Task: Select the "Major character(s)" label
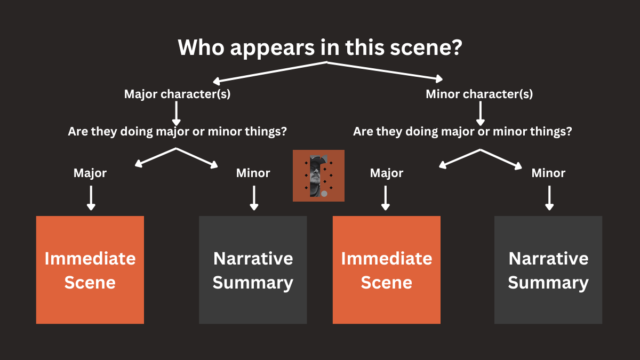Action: pos(177,94)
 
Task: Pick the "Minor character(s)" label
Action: pos(479,94)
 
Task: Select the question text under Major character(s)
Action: pos(177,131)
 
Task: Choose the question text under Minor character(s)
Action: pos(462,131)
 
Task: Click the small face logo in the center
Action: pos(318,175)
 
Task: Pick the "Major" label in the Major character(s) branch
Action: pos(90,173)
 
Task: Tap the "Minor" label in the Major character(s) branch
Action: pos(253,173)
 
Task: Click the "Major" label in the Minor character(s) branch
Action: pos(387,173)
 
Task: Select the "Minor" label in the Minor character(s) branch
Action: pos(548,173)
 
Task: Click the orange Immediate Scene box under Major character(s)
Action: pos(90,270)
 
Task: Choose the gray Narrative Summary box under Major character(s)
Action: pos(253,270)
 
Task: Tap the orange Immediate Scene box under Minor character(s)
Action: pos(387,270)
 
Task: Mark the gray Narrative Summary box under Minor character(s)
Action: pos(548,270)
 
